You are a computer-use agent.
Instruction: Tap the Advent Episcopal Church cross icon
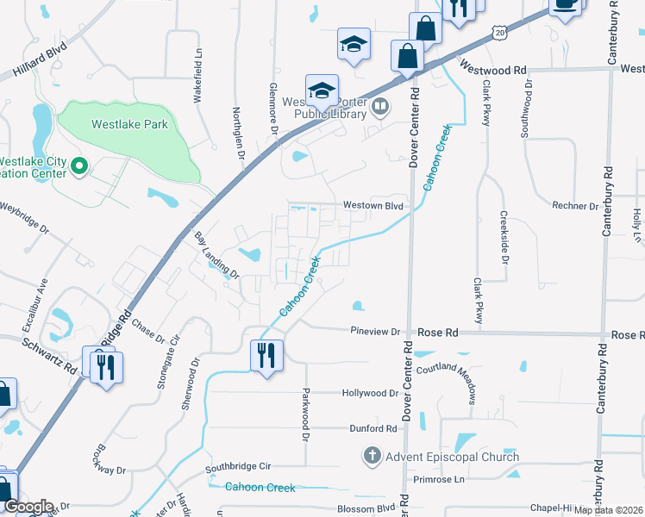pyautogui.click(x=373, y=456)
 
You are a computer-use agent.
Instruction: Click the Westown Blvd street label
pyautogui.click(x=373, y=206)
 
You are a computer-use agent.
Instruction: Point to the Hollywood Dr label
pyautogui.click(x=370, y=393)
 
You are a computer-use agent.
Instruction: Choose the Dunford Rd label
pyautogui.click(x=373, y=428)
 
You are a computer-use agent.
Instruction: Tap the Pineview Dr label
pyautogui.click(x=376, y=332)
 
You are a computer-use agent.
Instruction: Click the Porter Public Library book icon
pyautogui.click(x=380, y=107)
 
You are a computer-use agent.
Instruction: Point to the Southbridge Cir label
pyautogui.click(x=238, y=466)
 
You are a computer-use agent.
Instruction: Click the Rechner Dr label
pyautogui.click(x=575, y=206)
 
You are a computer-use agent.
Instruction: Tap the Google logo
pyautogui.click(x=28, y=506)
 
